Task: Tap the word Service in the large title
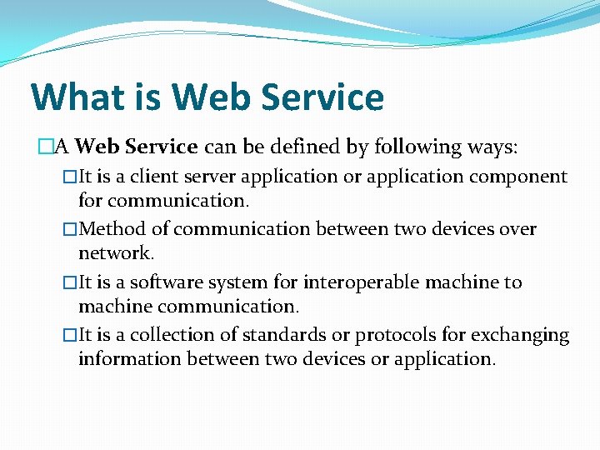tap(322, 97)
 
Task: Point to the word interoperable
tap(347, 282)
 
